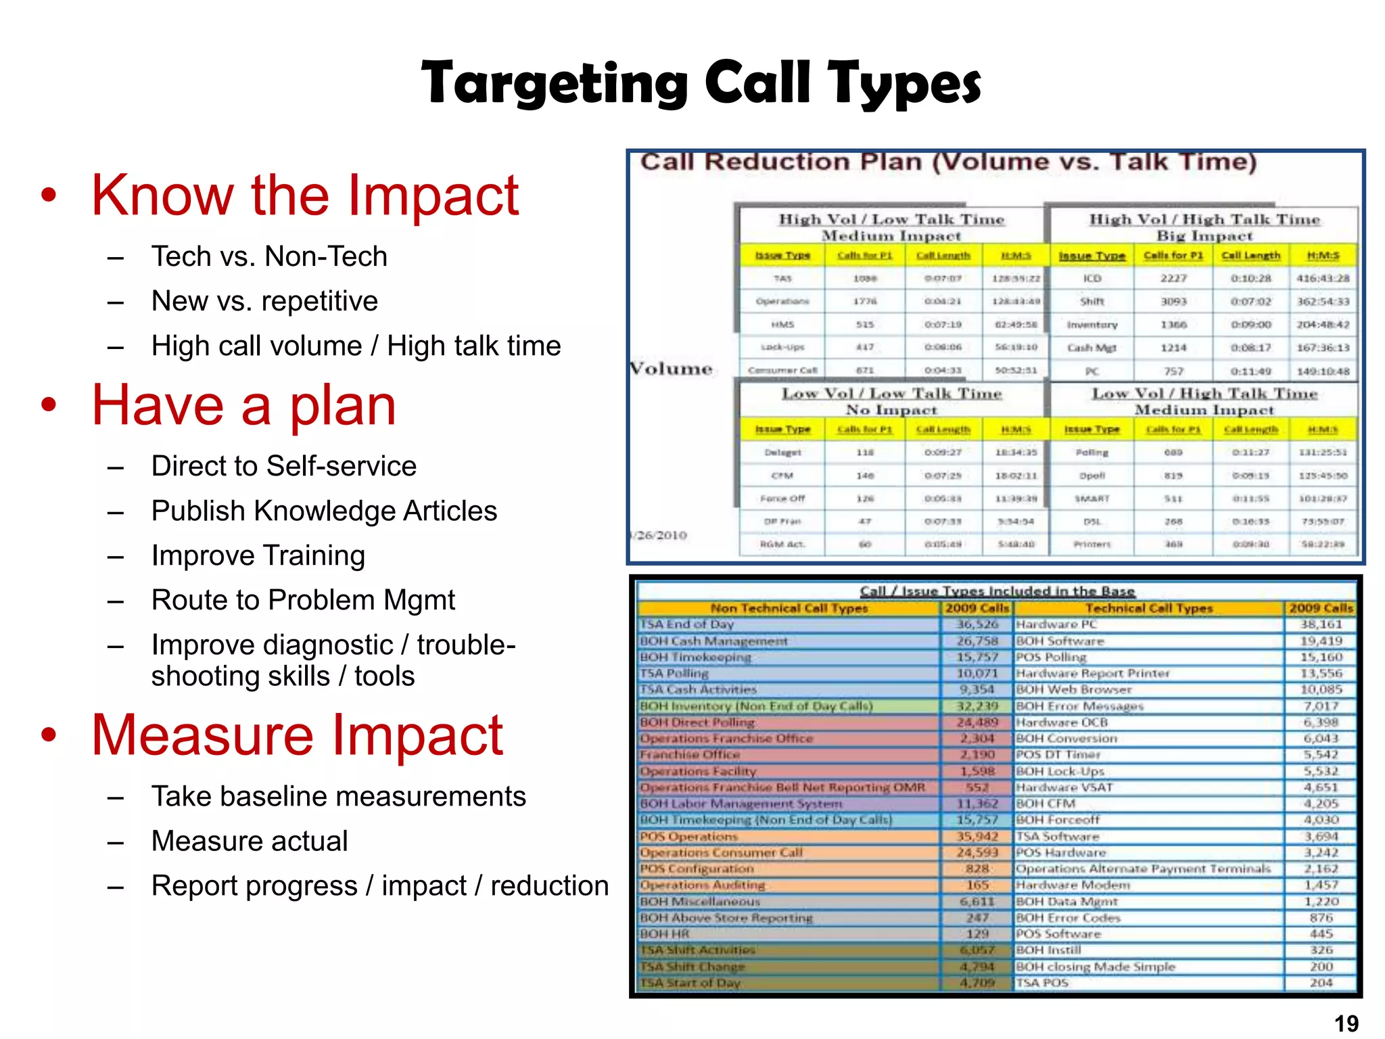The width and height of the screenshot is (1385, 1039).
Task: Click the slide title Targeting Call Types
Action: coord(701,83)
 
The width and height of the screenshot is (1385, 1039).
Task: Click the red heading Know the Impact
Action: coord(305,195)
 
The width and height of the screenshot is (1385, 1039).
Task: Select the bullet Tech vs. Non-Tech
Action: coord(269,256)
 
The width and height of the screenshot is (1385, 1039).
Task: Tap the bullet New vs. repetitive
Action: coord(264,301)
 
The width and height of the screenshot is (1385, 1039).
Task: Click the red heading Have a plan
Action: coord(243,405)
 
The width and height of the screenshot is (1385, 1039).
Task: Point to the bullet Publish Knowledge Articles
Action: coord(324,511)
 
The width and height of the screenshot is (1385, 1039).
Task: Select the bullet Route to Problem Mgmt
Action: coord(303,600)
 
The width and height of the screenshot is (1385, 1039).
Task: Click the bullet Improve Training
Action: coord(258,555)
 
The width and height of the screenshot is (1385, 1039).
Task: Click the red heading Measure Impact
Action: coord(297,735)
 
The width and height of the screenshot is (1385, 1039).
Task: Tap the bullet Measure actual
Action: coord(250,841)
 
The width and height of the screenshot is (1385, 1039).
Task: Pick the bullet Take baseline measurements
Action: coord(338,796)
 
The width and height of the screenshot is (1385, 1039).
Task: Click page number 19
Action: coord(1346,1023)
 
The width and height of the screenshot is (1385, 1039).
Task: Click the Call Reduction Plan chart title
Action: coord(948,162)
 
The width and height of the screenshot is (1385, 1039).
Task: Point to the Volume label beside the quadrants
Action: coord(672,369)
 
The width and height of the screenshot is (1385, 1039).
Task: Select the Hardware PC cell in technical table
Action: coord(1056,624)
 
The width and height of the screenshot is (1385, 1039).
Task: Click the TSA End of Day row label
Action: coord(686,624)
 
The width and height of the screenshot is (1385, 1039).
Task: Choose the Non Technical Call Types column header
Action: coord(789,608)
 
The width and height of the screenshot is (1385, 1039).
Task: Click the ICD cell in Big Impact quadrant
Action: coord(1091,278)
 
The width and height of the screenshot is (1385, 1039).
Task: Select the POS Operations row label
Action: coord(688,836)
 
